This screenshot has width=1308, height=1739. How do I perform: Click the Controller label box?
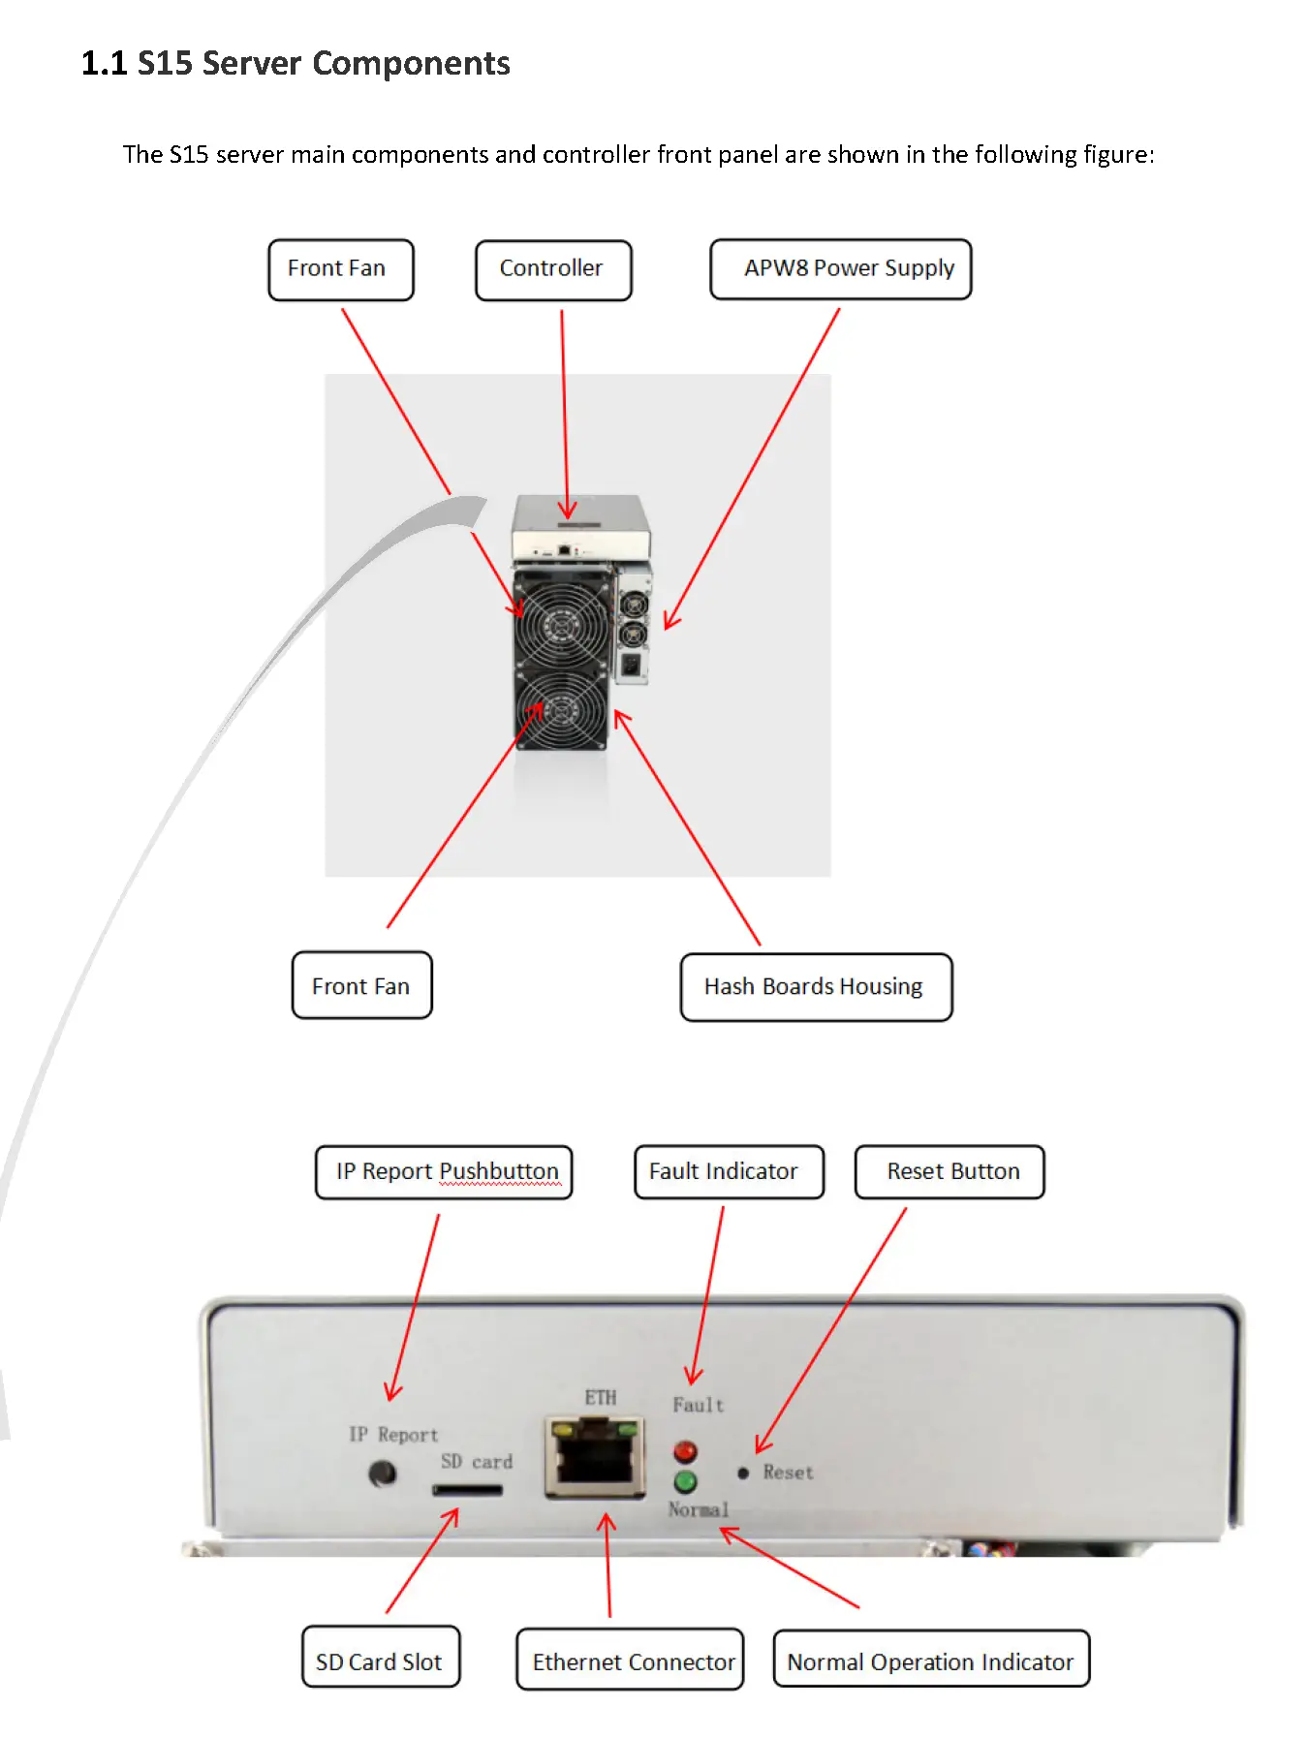(552, 269)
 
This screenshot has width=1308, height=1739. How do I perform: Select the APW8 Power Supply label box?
(840, 268)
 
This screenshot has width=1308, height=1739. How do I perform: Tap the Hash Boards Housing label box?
(815, 986)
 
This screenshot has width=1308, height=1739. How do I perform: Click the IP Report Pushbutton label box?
(444, 1171)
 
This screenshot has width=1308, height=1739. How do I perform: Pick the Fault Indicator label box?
(729, 1171)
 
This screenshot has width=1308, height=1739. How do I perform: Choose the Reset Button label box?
(950, 1171)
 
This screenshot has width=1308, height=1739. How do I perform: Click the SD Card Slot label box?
(380, 1661)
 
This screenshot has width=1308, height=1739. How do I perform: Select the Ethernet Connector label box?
(630, 1661)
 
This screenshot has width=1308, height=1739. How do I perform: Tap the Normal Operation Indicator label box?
(931, 1661)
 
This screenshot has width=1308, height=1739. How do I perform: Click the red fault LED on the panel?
(685, 1451)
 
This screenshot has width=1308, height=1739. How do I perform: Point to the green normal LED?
(685, 1481)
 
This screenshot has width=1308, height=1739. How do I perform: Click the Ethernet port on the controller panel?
(595, 1456)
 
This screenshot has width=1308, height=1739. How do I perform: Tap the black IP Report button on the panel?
(383, 1475)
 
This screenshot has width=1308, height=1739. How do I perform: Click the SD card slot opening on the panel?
(467, 1489)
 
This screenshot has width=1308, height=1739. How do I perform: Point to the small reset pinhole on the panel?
(743, 1474)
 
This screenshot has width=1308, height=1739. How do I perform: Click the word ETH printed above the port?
(600, 1397)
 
